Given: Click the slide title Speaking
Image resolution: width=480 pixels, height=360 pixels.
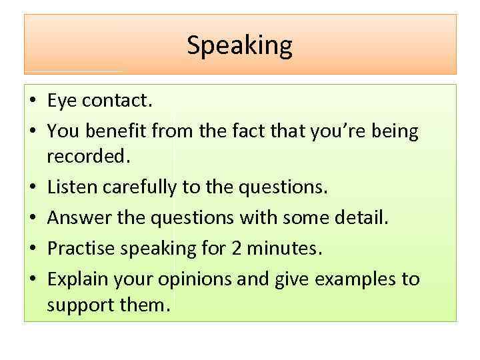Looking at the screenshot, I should click(x=239, y=45).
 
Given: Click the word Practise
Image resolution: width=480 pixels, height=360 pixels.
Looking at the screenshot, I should click(x=77, y=248).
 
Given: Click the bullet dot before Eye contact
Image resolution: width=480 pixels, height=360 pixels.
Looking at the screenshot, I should click(x=31, y=102).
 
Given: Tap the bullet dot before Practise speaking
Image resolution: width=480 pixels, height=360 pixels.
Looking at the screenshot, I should click(x=31, y=249).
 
